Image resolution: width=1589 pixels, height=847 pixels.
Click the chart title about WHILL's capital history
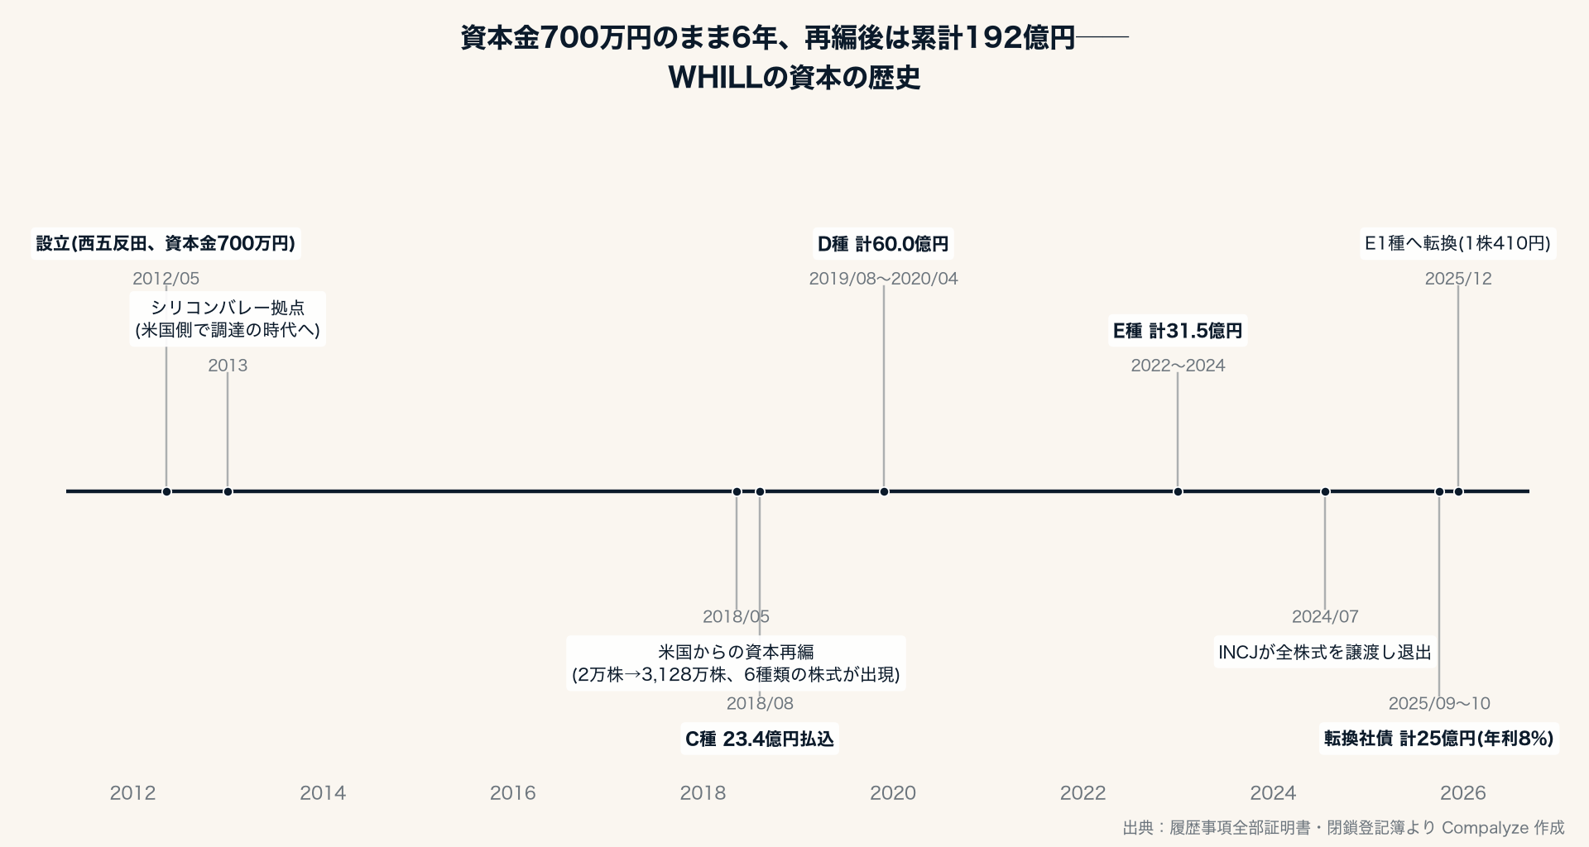[x=794, y=58]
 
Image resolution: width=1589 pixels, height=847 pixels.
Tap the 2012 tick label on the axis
[x=132, y=793]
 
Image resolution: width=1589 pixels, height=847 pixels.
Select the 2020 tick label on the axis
[x=893, y=793]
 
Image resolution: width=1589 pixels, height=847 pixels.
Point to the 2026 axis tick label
[x=1463, y=793]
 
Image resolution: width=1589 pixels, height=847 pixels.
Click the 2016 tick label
[x=513, y=793]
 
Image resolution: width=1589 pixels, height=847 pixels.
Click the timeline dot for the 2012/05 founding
[x=166, y=492]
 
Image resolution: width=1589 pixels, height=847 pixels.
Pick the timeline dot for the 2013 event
[x=228, y=492]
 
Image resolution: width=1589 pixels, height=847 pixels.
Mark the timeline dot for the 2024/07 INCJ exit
[x=1325, y=492]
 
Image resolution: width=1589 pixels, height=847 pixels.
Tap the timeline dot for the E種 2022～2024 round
[x=1178, y=492]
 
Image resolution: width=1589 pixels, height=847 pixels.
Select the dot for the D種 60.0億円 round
[x=884, y=492]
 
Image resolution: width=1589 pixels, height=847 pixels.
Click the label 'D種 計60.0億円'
[x=883, y=244]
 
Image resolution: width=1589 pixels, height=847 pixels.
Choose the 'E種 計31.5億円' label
[x=1178, y=331]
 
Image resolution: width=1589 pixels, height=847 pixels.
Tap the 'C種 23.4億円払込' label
[x=760, y=739]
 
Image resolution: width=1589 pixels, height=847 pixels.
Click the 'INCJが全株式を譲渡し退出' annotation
[x=1325, y=653]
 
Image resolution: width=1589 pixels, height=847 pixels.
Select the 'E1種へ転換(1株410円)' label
[x=1457, y=244]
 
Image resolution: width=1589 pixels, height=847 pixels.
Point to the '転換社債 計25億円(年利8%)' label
[x=1439, y=739]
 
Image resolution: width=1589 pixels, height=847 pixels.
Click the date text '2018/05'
[x=736, y=616]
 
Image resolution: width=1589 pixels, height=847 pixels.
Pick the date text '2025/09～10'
[x=1439, y=703]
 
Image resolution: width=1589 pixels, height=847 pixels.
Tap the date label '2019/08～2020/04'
[x=883, y=279]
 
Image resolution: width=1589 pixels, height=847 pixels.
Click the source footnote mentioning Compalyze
[x=1343, y=827]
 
